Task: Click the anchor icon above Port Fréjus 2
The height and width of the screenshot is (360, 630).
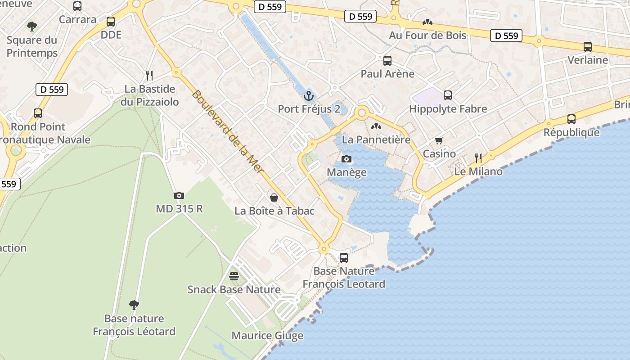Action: click(308, 95)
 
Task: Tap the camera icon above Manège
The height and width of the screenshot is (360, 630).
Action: click(346, 159)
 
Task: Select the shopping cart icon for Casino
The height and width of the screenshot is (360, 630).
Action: click(439, 140)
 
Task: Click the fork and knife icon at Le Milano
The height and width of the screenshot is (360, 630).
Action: click(478, 158)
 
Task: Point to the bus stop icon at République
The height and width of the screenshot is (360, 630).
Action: click(571, 119)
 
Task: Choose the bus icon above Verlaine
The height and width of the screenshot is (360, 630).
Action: click(587, 47)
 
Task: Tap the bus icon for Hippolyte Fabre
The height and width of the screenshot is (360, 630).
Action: click(447, 95)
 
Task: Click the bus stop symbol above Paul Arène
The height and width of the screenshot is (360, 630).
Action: click(387, 61)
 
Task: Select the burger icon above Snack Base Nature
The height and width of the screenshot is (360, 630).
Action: click(234, 276)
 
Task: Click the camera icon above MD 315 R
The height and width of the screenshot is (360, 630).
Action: click(179, 195)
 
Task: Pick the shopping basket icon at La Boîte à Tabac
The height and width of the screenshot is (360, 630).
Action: click(274, 197)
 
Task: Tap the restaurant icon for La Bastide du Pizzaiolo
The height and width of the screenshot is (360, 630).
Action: click(149, 75)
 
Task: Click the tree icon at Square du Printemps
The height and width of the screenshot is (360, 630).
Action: click(31, 27)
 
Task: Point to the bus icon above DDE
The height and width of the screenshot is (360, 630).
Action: click(111, 21)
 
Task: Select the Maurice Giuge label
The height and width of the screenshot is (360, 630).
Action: click(267, 336)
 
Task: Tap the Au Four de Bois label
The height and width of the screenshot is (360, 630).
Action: click(427, 35)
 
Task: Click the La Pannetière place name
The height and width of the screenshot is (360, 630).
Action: click(376, 139)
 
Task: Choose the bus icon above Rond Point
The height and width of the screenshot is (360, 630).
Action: click(38, 113)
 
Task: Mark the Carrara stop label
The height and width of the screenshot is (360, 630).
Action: click(78, 19)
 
